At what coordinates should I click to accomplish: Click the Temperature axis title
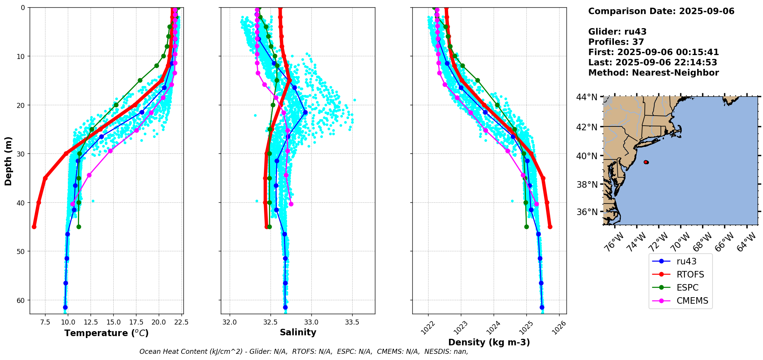click(106, 333)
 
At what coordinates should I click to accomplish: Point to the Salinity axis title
click(298, 333)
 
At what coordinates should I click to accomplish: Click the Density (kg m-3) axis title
click(489, 342)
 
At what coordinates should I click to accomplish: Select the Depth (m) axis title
click(8, 161)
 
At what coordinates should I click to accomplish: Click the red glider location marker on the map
click(646, 162)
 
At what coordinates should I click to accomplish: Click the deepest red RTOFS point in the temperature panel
click(34, 227)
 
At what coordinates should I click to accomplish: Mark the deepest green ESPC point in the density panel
click(526, 227)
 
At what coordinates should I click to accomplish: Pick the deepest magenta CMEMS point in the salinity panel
click(291, 204)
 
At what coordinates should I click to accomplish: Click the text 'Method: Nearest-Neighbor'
click(653, 73)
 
